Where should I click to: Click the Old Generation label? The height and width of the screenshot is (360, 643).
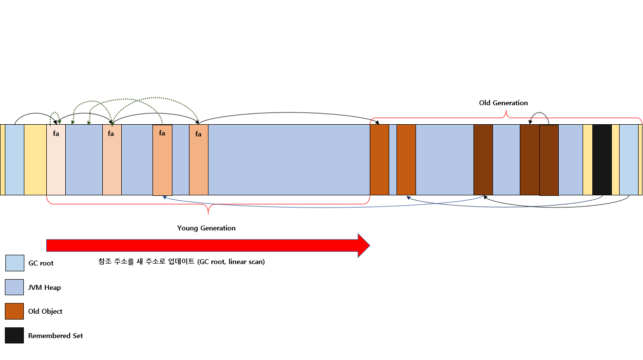tap(503, 103)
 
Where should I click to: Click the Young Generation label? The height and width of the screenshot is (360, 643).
tap(206, 228)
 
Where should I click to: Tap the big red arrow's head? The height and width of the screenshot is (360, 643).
tap(364, 246)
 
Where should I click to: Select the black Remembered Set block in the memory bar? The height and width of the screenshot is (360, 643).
tap(602, 160)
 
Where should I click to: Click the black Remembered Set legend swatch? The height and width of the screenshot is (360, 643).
tap(14, 335)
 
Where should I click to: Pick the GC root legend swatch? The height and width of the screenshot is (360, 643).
tap(15, 263)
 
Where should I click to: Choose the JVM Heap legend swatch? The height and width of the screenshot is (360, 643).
tap(14, 287)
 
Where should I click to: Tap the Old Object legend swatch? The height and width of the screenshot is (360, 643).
tap(14, 311)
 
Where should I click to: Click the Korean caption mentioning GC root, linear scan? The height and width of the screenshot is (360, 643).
tap(181, 262)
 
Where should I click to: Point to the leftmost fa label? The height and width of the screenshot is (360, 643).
tap(56, 133)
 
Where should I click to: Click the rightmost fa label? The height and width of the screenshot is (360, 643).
tap(198, 134)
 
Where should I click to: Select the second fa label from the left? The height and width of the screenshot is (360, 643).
tap(111, 133)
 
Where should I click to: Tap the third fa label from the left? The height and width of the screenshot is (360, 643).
tap(162, 133)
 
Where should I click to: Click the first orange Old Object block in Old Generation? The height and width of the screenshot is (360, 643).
tap(379, 160)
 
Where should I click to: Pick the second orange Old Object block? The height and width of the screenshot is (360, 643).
tap(406, 160)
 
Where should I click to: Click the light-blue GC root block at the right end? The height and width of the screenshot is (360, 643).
tap(629, 160)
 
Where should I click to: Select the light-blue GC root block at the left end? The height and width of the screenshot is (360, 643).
tap(15, 160)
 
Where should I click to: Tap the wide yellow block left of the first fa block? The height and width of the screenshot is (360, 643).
tap(35, 160)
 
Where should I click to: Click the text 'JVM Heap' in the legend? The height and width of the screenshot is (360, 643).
tap(44, 287)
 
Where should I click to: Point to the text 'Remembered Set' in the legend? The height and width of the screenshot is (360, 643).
tap(56, 336)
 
